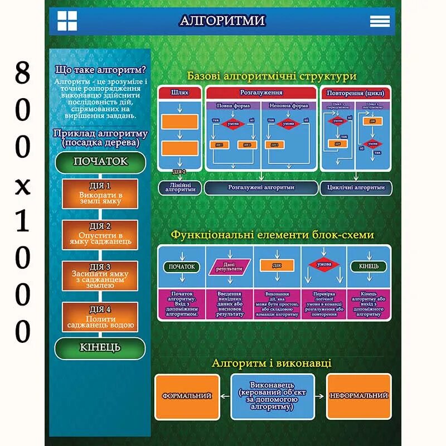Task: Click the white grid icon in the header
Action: [67, 21]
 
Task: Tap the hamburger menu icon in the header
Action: [380, 21]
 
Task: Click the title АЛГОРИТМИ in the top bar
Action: [222, 21]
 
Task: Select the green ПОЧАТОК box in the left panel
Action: [100, 162]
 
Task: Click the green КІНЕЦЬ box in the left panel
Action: [100, 348]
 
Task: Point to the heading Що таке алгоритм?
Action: [101, 70]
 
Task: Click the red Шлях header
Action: [180, 93]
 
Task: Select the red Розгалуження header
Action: [261, 93]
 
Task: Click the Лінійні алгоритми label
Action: [180, 187]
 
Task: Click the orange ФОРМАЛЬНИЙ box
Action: [187, 396]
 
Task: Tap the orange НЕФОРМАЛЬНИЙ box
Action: [358, 396]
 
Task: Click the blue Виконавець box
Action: [273, 396]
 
